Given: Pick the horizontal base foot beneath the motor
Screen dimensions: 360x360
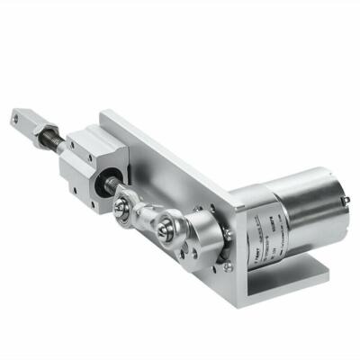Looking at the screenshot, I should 288,283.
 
